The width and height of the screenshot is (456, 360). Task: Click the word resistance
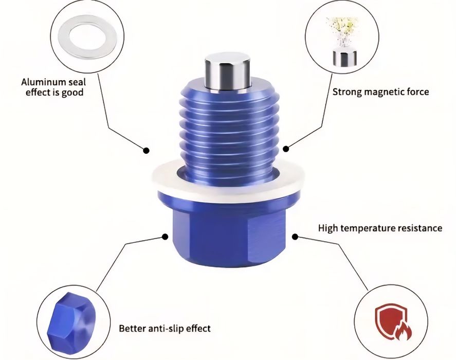click(418, 228)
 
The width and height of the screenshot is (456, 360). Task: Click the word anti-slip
click(167, 328)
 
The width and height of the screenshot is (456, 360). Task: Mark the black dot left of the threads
click(147, 150)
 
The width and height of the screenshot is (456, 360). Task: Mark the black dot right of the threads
click(286, 149)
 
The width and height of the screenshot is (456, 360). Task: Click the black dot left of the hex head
click(165, 237)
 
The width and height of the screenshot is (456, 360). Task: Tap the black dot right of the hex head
click(295, 237)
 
